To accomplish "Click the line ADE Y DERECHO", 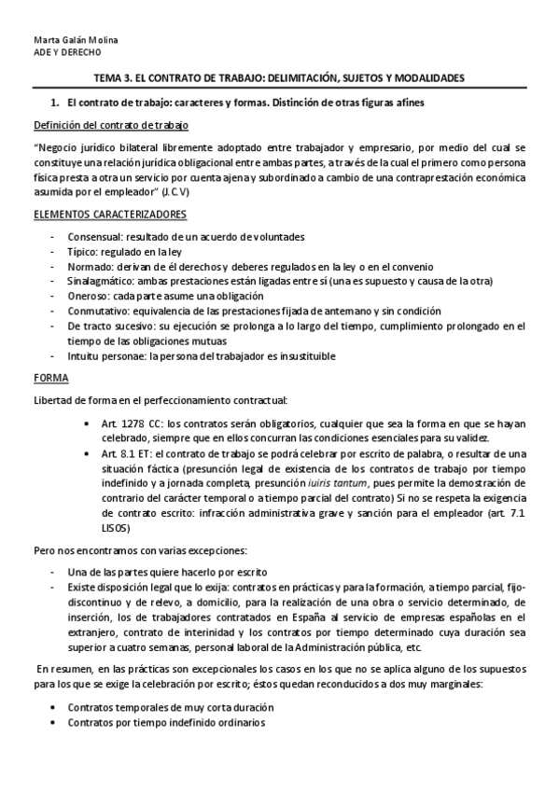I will [x=58, y=53].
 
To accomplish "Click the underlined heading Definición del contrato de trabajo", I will [x=115, y=125].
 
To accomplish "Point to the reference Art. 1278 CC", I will [x=120, y=423].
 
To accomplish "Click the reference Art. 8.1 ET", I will [x=117, y=453].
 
